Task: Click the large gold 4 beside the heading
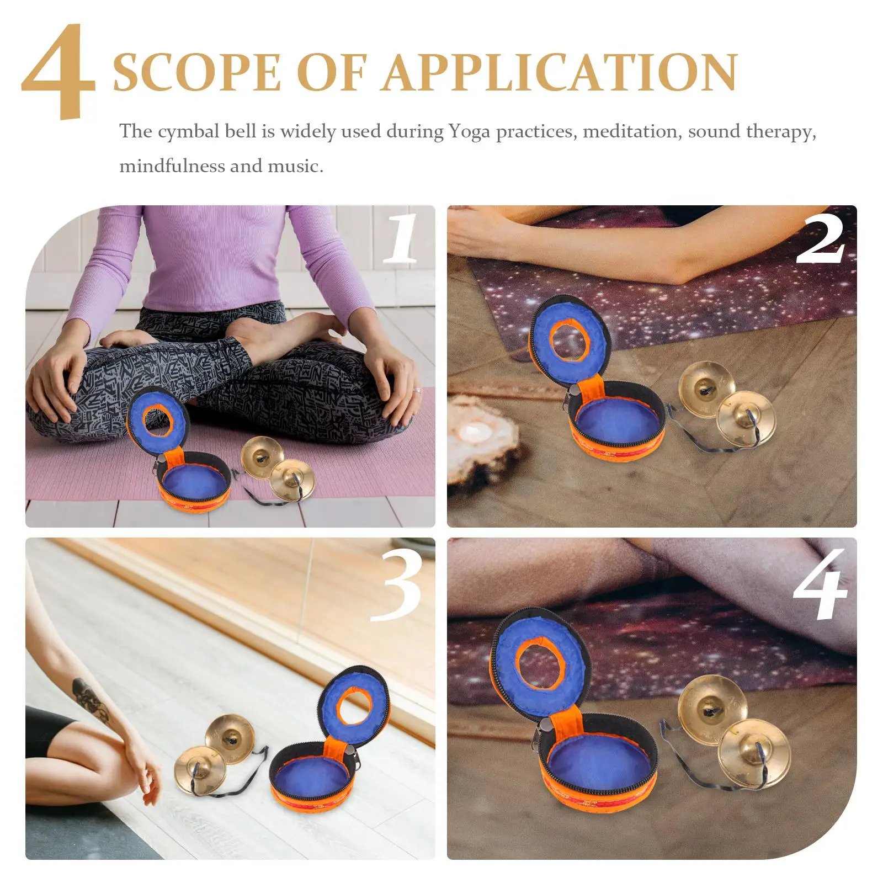tap(58, 72)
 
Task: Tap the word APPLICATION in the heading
tap(561, 72)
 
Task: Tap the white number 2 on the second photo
tap(821, 239)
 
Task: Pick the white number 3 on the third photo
tap(396, 584)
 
